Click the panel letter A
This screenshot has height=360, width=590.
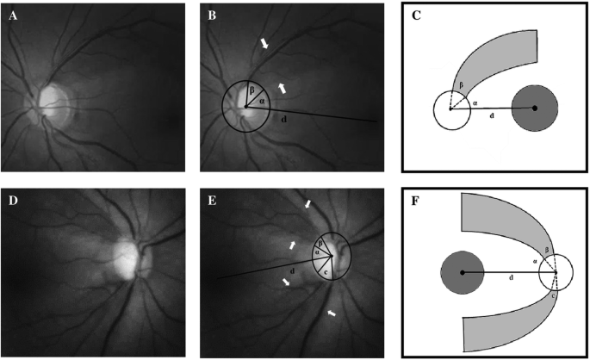click(x=14, y=16)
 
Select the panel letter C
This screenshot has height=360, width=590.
click(x=416, y=16)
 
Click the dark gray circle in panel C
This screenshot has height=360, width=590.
click(x=535, y=108)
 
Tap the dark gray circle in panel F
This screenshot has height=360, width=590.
click(x=463, y=273)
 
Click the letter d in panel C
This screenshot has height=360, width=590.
click(x=491, y=115)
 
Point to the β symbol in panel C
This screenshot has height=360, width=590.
click(x=461, y=84)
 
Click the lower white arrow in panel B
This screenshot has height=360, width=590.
click(x=282, y=86)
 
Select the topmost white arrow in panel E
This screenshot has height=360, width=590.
click(x=308, y=203)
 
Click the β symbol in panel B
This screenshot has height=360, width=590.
click(x=241, y=90)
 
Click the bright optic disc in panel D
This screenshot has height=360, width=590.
click(x=125, y=258)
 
